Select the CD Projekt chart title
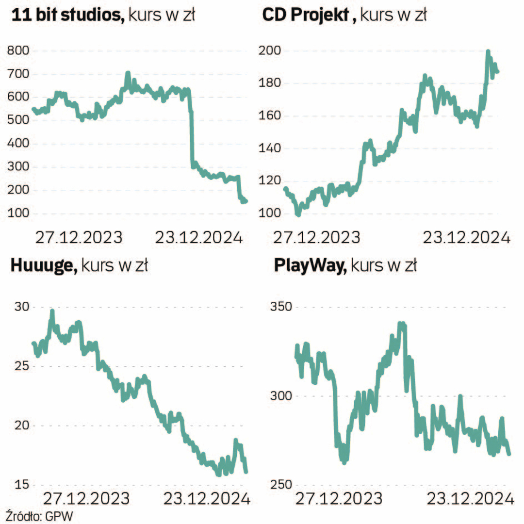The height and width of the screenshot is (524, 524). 344,16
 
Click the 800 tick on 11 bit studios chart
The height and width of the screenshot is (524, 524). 18,51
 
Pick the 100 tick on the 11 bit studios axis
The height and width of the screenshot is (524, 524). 18,213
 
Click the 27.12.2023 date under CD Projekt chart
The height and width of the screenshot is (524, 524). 316,238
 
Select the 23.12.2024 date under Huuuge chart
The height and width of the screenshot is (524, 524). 206,498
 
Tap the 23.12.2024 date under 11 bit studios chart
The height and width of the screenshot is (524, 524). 198,238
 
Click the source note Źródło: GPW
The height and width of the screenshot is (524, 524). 40,516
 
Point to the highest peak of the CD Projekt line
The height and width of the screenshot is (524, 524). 488,51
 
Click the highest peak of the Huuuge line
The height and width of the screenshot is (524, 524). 52,311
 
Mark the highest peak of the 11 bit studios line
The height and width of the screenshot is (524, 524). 128,73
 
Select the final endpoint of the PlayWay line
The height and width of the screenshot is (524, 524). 509,454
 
